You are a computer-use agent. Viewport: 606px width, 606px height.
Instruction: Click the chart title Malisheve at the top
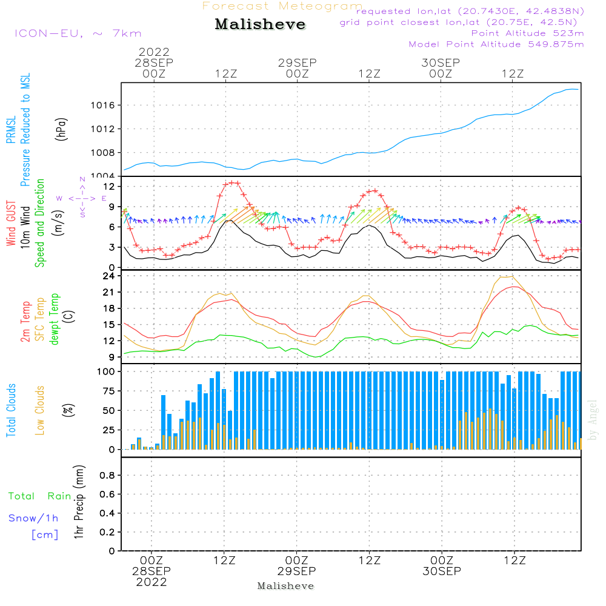point(261,25)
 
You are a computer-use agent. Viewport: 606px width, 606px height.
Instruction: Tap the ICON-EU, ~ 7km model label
point(78,33)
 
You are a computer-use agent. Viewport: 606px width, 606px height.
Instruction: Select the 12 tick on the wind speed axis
point(110,186)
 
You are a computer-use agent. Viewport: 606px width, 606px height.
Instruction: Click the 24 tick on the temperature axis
point(110,276)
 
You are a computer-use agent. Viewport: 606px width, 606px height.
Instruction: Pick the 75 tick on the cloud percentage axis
point(110,391)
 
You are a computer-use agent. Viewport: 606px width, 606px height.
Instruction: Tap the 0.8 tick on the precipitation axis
point(107,476)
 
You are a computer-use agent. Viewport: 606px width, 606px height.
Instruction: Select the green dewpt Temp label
point(55,319)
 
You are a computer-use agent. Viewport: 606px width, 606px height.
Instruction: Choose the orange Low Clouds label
point(40,410)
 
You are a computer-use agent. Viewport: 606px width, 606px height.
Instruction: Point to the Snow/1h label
point(33,518)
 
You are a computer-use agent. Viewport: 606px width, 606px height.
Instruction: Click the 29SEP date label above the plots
point(298,62)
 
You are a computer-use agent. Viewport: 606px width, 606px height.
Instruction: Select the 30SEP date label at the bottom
point(442,571)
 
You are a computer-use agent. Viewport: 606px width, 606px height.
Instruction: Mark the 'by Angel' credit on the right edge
point(593,419)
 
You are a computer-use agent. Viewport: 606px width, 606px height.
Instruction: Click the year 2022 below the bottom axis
point(151,582)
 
